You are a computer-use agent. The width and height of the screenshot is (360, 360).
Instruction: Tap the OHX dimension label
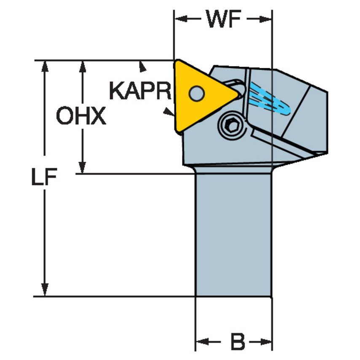(x=81, y=117)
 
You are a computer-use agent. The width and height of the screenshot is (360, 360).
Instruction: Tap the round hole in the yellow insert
(x=196, y=93)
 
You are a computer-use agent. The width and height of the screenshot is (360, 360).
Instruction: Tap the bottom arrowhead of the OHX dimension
(x=83, y=168)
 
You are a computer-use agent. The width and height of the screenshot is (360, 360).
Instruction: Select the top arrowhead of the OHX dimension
(x=83, y=65)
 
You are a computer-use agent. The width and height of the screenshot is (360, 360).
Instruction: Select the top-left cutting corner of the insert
(x=177, y=61)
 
